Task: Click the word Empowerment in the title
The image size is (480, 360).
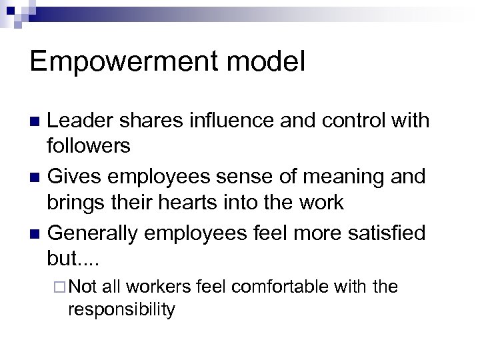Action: pos(119,63)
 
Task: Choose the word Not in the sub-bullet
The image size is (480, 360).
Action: pos(83,287)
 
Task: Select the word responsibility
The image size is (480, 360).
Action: pos(121,309)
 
